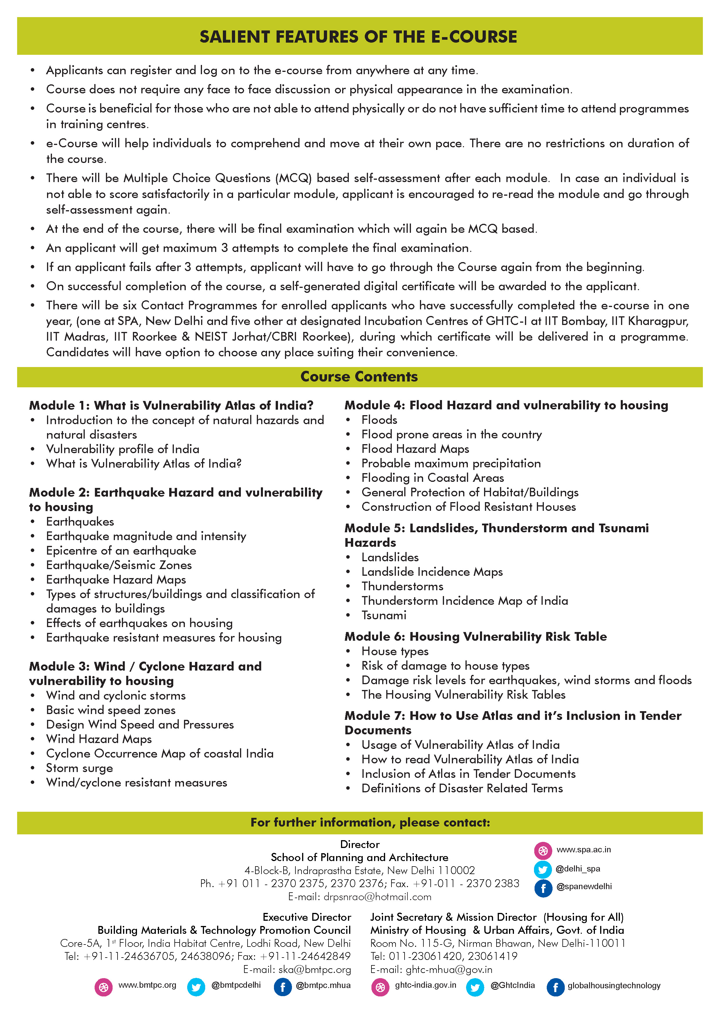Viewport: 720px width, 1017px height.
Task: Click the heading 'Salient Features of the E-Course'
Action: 358,37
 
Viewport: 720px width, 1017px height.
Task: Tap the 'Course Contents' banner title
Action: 359,377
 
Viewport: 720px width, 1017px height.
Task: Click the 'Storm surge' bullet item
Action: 79,768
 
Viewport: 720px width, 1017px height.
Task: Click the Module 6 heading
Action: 476,637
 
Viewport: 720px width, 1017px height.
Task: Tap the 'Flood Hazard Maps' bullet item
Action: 415,449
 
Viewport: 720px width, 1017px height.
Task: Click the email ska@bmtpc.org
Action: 314,970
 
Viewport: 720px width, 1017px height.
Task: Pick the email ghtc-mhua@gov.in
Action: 449,970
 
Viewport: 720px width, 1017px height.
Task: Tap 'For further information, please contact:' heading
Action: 370,822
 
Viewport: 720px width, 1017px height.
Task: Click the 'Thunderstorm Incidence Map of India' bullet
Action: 465,601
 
